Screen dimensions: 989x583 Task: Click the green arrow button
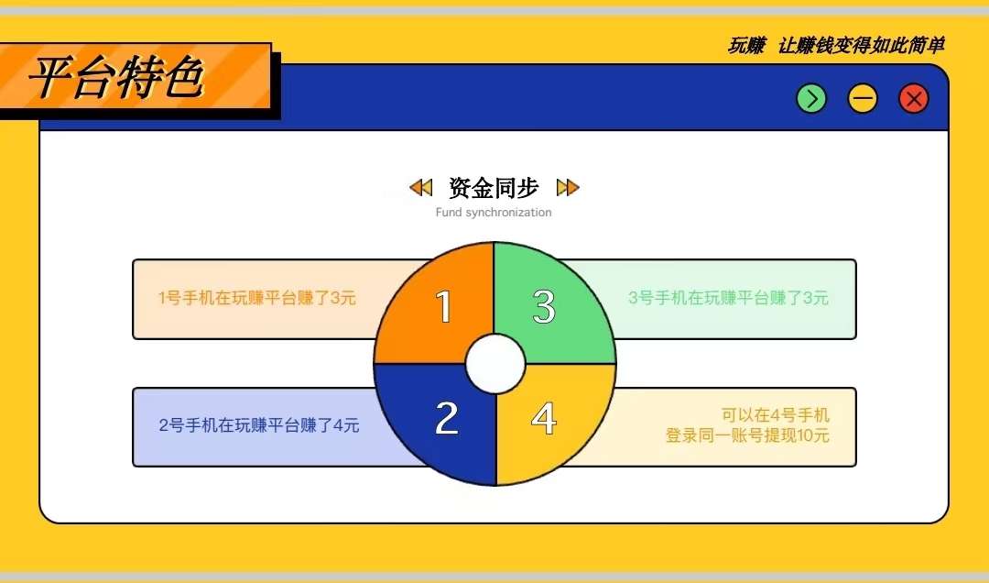811,99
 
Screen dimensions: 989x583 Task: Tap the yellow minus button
863,99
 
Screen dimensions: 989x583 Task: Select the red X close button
913,99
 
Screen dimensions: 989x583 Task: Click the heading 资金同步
494,188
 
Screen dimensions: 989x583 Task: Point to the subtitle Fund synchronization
494,213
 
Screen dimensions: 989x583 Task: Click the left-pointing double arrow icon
420,188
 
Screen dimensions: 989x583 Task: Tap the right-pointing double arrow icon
568,188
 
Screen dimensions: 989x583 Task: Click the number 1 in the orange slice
444,306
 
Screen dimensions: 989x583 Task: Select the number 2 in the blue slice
447,417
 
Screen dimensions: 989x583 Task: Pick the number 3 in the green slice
544,306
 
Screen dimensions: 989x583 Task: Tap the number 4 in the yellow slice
544,418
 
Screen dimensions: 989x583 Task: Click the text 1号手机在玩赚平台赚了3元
257,298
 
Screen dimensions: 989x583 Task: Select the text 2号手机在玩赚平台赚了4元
259,425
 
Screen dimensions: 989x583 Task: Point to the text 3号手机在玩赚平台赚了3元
728,298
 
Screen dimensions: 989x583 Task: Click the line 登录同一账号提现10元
747,435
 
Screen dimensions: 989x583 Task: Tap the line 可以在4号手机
776,415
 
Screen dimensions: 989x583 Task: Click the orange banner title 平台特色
117,78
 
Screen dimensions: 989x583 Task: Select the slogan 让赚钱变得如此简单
861,46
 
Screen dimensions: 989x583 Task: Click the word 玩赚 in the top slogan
747,46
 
